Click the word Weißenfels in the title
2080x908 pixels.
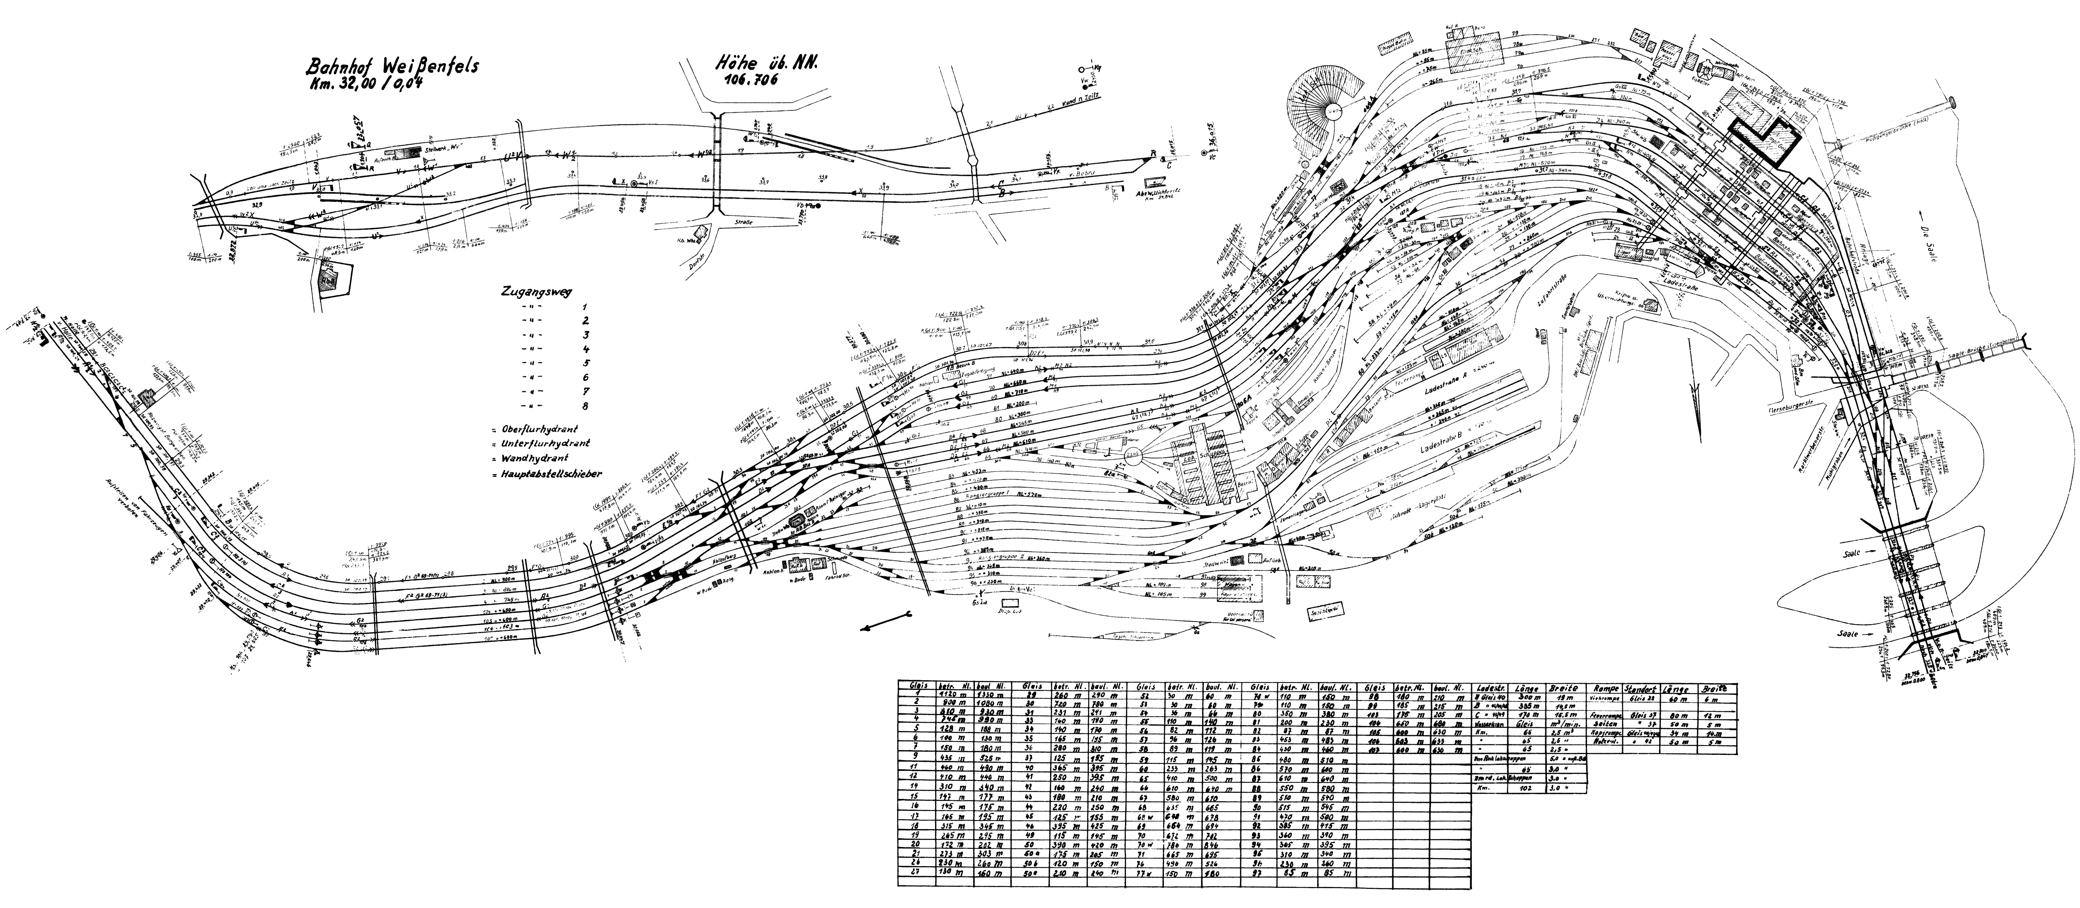[x=428, y=66]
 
